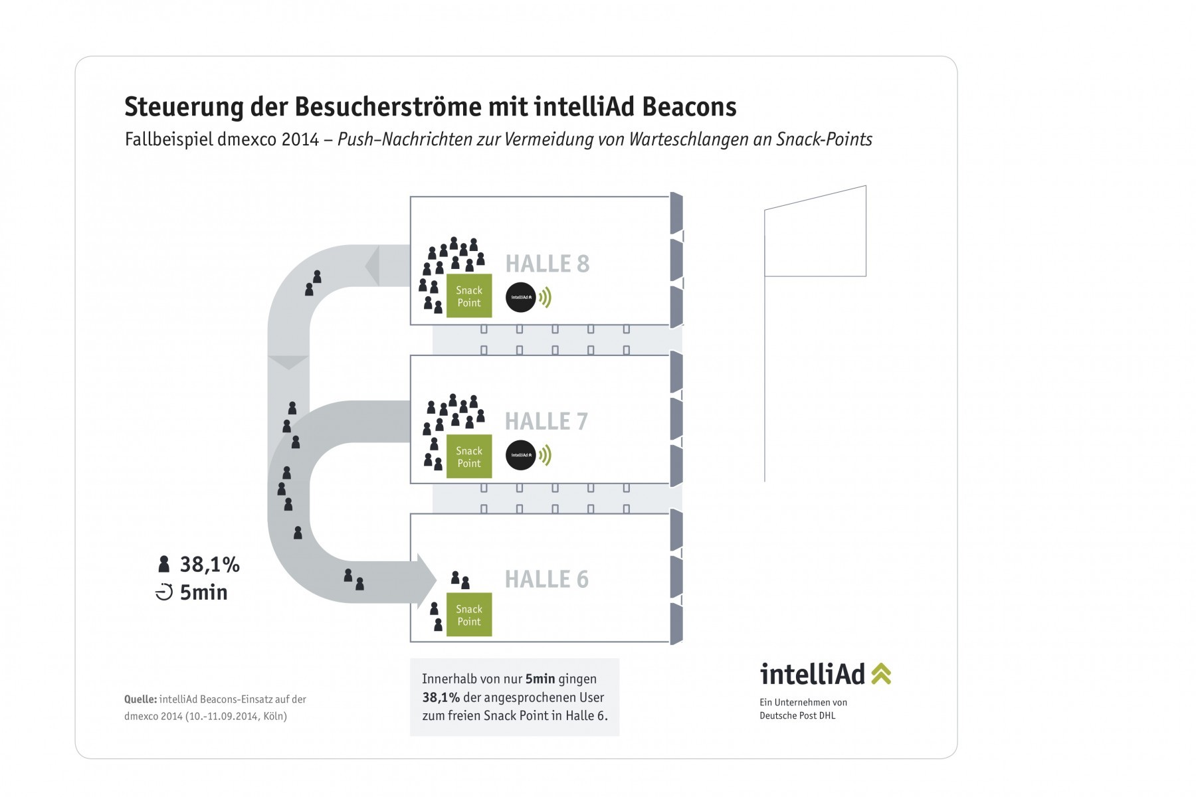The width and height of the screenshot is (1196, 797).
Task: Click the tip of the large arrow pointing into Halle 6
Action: pos(437,580)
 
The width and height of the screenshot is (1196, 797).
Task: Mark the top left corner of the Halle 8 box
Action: pos(411,197)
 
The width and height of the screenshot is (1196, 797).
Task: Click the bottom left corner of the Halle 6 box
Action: pos(411,642)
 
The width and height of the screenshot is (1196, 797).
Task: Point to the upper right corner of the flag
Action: pos(866,186)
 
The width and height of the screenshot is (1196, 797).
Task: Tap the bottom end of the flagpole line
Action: pos(765,481)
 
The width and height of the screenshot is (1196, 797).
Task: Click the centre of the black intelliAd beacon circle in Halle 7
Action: pos(521,455)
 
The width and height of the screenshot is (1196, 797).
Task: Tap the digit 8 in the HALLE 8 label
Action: pos(583,264)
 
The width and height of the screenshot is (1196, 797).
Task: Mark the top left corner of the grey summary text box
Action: pos(410,658)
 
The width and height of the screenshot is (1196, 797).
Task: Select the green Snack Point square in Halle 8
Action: pos(469,296)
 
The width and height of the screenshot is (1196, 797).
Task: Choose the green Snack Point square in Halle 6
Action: pos(469,614)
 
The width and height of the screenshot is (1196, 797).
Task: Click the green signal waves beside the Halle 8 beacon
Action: pos(545,298)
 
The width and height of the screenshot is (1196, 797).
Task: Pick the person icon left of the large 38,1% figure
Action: pos(164,565)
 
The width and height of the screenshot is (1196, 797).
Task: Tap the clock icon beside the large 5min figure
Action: pos(164,592)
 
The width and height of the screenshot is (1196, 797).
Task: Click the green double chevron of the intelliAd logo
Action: pos(880,673)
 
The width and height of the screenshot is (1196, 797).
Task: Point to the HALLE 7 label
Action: pos(546,421)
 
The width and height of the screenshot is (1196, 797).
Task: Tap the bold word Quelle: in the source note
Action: pos(140,699)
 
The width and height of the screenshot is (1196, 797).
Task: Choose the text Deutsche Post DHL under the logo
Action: pos(797,715)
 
